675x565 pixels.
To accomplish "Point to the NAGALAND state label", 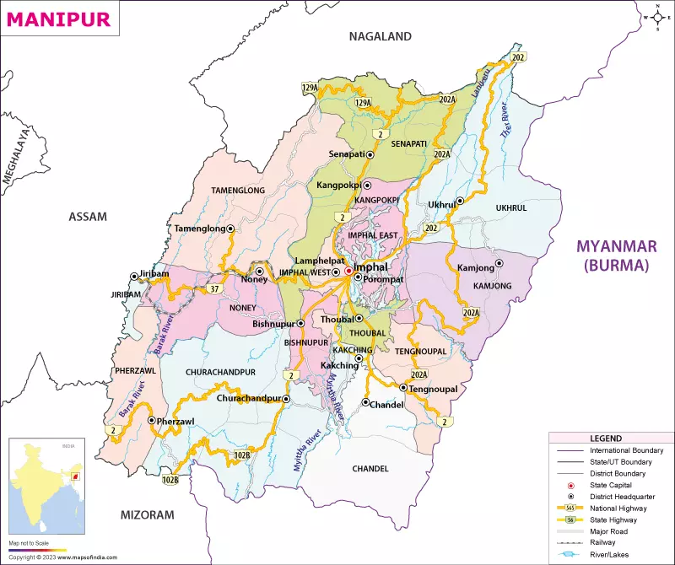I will (x=381, y=36).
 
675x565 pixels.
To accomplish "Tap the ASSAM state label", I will (x=88, y=217).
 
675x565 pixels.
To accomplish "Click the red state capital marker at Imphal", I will (x=348, y=271).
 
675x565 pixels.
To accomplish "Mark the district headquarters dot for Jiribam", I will (x=132, y=276).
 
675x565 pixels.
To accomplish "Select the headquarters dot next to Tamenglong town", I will (x=230, y=229).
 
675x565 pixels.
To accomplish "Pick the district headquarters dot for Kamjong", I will (x=499, y=263).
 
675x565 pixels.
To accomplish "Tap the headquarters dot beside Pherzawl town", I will (x=151, y=420).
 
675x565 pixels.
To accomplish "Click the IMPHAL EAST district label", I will (x=377, y=234).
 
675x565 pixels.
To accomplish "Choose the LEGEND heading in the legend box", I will (x=607, y=439).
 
